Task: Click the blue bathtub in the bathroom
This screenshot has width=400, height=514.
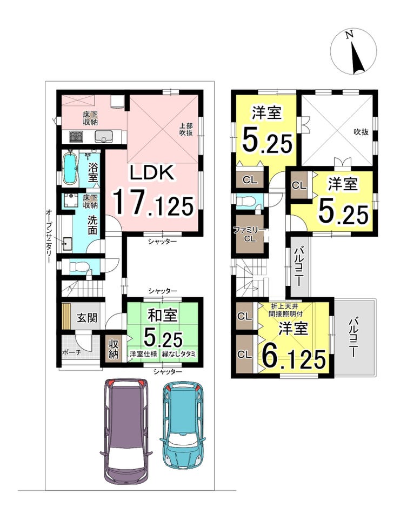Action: point(70,169)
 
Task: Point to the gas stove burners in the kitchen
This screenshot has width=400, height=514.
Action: point(76,136)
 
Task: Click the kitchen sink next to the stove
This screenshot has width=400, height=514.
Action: point(104,136)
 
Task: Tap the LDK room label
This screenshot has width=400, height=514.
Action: point(152,173)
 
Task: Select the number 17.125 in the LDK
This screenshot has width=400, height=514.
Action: point(153,204)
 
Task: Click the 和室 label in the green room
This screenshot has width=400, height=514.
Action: point(163,315)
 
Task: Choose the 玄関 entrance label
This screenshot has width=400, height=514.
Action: point(87,317)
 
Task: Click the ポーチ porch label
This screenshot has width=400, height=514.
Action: point(71,352)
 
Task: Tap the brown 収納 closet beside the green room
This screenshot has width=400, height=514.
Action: point(114,348)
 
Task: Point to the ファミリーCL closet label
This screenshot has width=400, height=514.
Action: point(250,234)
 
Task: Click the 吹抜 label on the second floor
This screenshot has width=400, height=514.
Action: point(361,132)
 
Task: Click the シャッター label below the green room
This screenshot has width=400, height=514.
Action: point(168,371)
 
